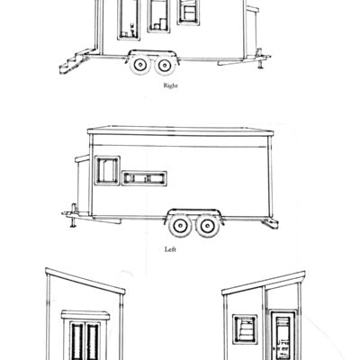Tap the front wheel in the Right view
(142, 65)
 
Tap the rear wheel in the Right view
(165, 65)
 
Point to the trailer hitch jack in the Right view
(259, 58)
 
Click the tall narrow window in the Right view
(128, 21)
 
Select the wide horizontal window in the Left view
(144, 175)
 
